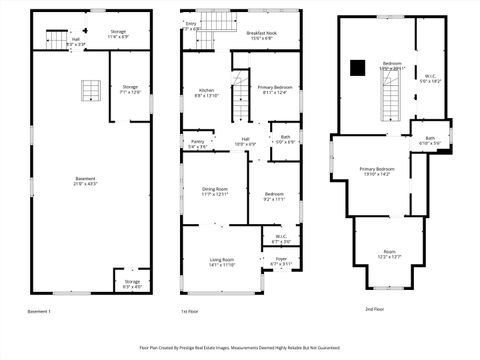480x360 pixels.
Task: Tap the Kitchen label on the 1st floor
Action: pyautogui.click(x=206, y=93)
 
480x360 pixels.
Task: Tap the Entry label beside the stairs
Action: pyautogui.click(x=191, y=26)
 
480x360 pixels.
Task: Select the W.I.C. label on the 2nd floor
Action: pyautogui.click(x=429, y=78)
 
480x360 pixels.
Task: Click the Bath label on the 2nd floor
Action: pyautogui.click(x=430, y=141)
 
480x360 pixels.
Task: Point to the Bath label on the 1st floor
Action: pyautogui.click(x=285, y=139)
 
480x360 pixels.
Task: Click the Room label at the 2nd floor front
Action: pyautogui.click(x=389, y=254)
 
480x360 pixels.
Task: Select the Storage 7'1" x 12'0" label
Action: pyautogui.click(x=130, y=88)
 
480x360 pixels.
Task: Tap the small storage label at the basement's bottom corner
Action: pyautogui.click(x=132, y=285)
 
